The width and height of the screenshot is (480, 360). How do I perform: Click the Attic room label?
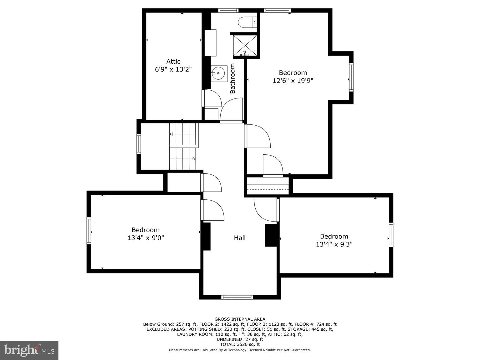pyautogui.click(x=173, y=62)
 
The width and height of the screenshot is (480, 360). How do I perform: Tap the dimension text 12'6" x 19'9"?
pyautogui.click(x=293, y=81)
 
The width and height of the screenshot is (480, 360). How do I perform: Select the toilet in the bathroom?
pyautogui.click(x=247, y=22)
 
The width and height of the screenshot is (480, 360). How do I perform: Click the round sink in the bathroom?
pyautogui.click(x=218, y=73)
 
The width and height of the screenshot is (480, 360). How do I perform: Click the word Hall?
pyautogui.click(x=240, y=238)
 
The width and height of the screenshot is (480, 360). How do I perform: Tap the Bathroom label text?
pyautogui.click(x=232, y=78)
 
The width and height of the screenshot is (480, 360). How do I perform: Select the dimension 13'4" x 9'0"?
pyautogui.click(x=146, y=237)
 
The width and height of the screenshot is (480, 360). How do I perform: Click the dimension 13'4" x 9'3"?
pyautogui.click(x=334, y=244)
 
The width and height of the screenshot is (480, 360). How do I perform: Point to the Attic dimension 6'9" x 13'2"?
pyautogui.click(x=173, y=69)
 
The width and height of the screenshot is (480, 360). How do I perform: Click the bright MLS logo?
pyautogui.click(x=29, y=350)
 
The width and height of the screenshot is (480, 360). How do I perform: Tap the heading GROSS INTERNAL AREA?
pyautogui.click(x=240, y=319)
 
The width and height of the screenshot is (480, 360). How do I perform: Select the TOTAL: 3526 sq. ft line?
pyautogui.click(x=240, y=344)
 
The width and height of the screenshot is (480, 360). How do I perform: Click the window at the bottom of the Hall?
pyautogui.click(x=237, y=297)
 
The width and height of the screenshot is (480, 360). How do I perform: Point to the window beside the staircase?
pyautogui.click(x=139, y=144)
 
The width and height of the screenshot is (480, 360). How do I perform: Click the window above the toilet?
pyautogui.click(x=228, y=10)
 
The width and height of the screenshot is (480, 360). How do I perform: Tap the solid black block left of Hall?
pyautogui.click(x=207, y=237)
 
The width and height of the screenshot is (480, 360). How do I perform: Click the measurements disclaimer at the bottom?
pyautogui.click(x=240, y=350)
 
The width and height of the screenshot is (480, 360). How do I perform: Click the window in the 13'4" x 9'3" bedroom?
pyautogui.click(x=391, y=235)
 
